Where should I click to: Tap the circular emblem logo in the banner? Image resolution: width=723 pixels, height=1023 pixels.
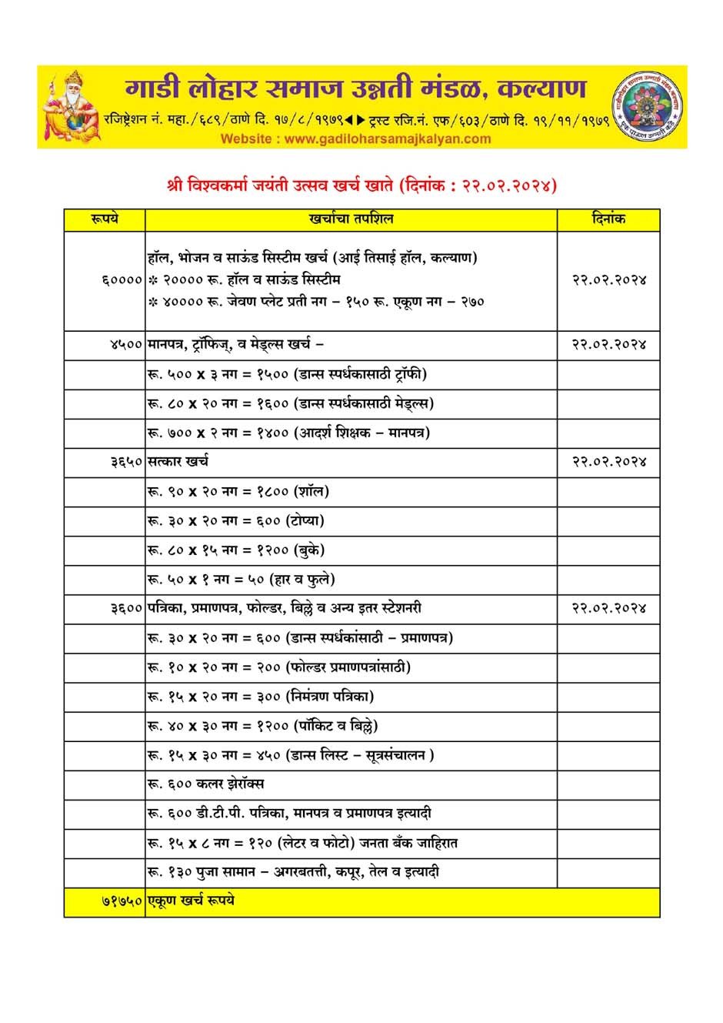(x=648, y=107)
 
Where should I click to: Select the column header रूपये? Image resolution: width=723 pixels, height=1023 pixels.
(x=104, y=219)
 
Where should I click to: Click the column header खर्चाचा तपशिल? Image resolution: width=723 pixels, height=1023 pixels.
(x=351, y=219)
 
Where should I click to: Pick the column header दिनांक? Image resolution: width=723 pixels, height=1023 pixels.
(x=608, y=219)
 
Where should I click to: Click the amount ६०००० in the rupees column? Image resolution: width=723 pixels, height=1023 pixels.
(x=122, y=280)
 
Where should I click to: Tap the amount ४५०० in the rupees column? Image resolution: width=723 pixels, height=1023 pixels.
(x=126, y=345)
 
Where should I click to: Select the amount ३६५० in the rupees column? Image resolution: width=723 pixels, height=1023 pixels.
(x=126, y=462)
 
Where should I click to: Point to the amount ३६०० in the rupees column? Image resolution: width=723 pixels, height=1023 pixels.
(x=126, y=609)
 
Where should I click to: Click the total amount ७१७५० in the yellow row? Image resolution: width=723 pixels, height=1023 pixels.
(x=122, y=901)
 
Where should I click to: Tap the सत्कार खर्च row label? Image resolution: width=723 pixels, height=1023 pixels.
(x=178, y=462)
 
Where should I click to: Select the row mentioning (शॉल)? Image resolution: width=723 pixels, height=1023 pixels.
(x=238, y=492)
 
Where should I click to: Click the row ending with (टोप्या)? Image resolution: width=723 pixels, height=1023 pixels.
(x=236, y=521)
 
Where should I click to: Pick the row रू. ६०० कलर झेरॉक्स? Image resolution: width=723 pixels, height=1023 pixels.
(x=206, y=784)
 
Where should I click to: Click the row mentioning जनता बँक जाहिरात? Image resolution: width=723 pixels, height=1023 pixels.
(x=302, y=843)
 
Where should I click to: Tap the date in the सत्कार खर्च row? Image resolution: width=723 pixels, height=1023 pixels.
(x=608, y=462)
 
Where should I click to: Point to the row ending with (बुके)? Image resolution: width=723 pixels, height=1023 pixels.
(x=236, y=550)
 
